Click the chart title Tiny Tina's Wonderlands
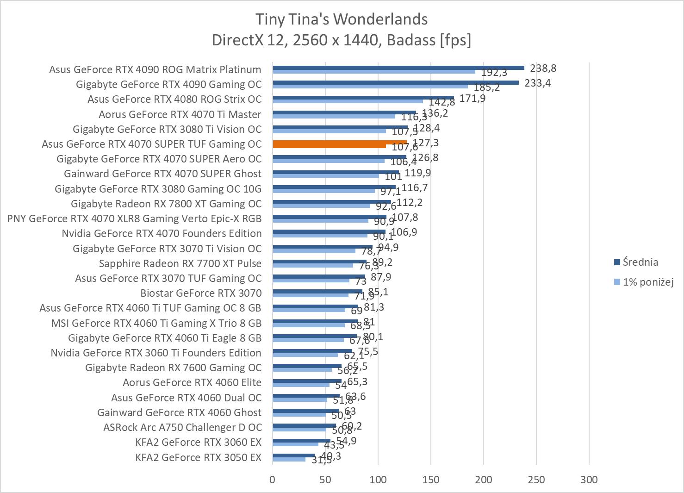point(342,19)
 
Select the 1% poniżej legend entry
point(647,281)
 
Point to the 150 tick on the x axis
point(431,479)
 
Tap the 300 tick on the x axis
point(589,479)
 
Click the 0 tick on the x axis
point(273,479)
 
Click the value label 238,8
point(543,68)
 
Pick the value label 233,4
point(538,83)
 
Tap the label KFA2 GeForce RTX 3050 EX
point(198,457)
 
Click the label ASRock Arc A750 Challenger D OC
point(182,427)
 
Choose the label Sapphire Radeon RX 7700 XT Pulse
point(180,263)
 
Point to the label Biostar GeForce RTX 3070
point(201,293)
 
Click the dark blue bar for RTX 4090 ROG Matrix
point(398,68)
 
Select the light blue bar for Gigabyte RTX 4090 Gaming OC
point(370,87)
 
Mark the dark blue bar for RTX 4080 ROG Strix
point(363,97)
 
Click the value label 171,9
point(472,98)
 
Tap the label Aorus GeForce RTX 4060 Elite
point(192,382)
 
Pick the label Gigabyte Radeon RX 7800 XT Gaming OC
point(166,204)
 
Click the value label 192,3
point(494,72)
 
